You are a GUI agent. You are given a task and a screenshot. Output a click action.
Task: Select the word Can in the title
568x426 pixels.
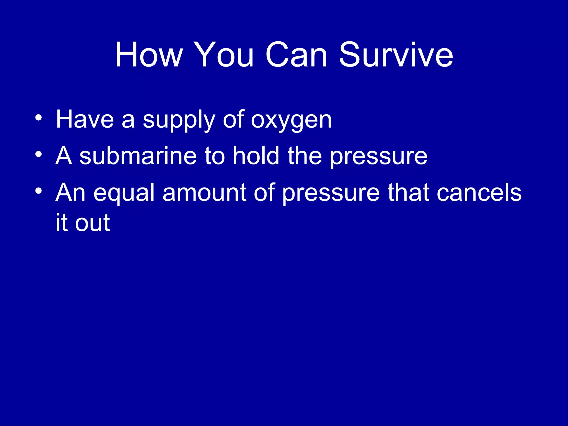pos(296,55)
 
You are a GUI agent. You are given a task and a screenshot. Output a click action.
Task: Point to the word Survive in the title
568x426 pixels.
pos(396,55)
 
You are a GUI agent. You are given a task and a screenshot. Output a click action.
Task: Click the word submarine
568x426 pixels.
pos(138,156)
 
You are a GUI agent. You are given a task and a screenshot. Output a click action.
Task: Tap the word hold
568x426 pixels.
pos(256,156)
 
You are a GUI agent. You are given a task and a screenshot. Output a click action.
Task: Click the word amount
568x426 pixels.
pos(204,193)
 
